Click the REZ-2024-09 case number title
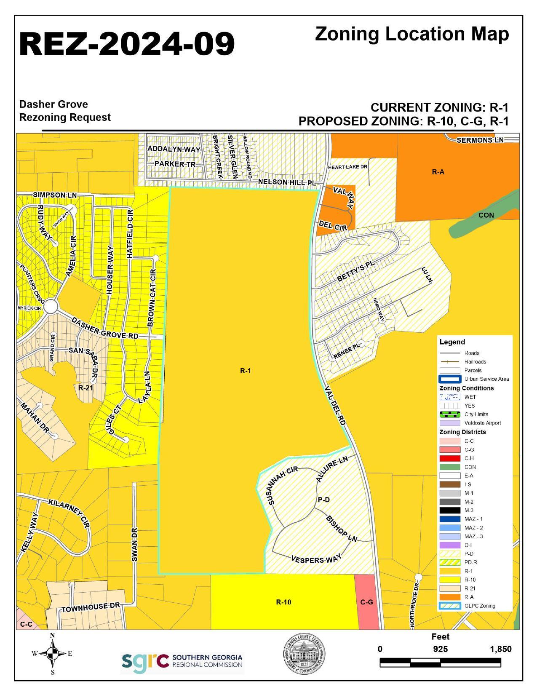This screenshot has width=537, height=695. (x=127, y=44)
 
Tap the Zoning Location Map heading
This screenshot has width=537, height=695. (x=411, y=35)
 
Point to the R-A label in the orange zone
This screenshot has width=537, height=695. (x=438, y=172)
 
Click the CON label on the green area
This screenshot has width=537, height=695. (x=486, y=215)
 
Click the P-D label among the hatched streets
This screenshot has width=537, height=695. (x=323, y=500)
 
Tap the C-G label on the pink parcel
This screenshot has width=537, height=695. (x=367, y=602)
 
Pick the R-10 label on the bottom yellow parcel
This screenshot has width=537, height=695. (x=283, y=602)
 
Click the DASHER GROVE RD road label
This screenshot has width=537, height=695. (x=105, y=329)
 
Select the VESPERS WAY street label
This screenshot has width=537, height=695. (x=315, y=560)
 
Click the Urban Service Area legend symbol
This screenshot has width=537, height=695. (x=449, y=379)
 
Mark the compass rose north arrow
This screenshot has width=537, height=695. (x=52, y=654)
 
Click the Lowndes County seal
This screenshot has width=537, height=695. (x=303, y=655)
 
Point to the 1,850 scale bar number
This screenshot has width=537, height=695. (x=501, y=649)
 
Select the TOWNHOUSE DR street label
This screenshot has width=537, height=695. (x=91, y=607)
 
